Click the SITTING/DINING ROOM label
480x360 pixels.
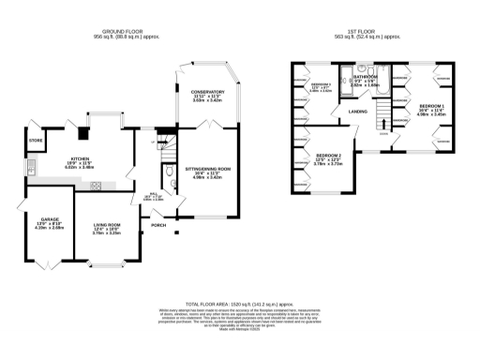click(207, 169)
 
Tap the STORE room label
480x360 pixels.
click(36, 141)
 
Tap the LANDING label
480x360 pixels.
click(358, 112)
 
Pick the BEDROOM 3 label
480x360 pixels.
click(322, 84)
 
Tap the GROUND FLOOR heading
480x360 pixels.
click(127, 32)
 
